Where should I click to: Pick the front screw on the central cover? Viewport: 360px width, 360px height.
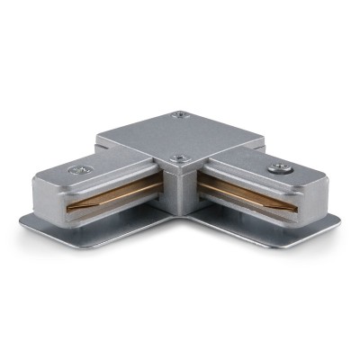coord(176,161)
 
